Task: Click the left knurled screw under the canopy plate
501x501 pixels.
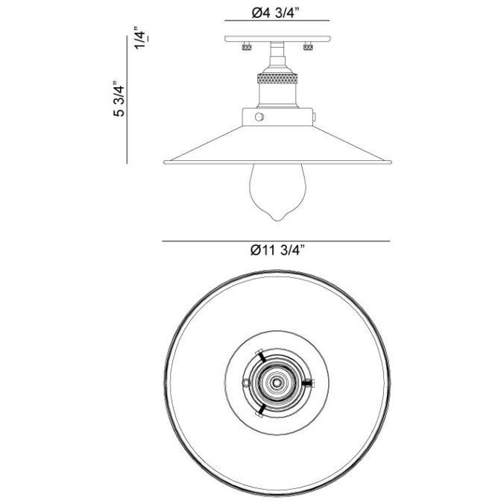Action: pyautogui.click(x=243, y=48)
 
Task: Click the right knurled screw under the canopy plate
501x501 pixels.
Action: pyautogui.click(x=307, y=48)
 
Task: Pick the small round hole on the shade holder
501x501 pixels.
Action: pyautogui.click(x=259, y=117)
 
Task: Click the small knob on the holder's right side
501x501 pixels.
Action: pyautogui.click(x=315, y=117)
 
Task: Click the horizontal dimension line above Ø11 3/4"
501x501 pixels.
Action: pyautogui.click(x=277, y=241)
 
